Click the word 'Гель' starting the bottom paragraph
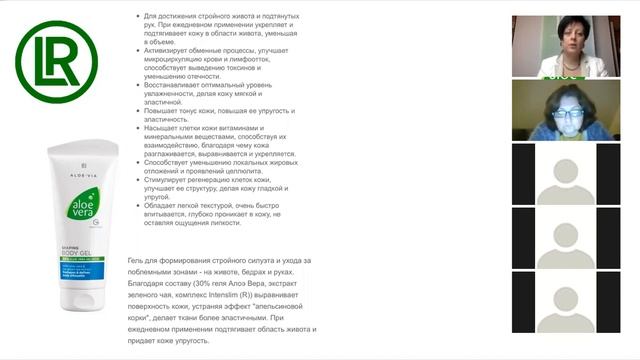click(x=137, y=261)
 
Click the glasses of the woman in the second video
click(x=565, y=112)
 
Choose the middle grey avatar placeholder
click(x=571, y=247)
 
